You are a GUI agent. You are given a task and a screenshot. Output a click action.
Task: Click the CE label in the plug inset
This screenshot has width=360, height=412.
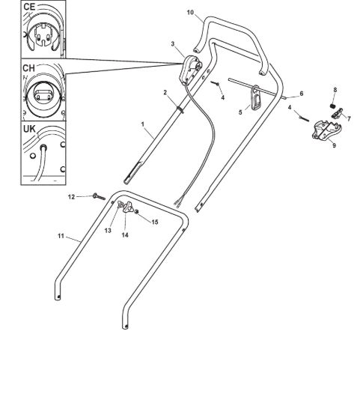[29, 7]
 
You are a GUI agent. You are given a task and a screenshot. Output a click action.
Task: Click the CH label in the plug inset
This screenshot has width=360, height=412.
[28, 68]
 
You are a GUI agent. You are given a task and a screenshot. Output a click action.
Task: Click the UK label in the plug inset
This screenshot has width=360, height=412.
[29, 129]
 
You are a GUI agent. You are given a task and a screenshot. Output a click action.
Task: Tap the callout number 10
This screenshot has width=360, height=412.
[190, 12]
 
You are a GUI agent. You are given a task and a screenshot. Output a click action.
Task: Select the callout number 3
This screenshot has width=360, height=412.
[173, 44]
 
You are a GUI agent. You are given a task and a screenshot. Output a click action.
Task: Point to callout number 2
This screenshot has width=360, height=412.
[165, 92]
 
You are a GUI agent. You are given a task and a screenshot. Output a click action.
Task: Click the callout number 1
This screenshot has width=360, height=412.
[143, 124]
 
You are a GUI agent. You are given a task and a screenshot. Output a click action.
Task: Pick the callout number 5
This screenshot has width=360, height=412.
[240, 112]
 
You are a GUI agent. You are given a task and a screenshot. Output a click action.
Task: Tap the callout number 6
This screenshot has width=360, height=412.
[302, 94]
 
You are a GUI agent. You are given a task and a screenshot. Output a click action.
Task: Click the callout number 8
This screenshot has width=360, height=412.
[335, 90]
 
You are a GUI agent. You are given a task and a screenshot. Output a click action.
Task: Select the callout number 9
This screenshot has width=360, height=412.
[334, 145]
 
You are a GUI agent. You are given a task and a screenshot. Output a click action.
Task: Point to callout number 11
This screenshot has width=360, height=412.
[61, 236]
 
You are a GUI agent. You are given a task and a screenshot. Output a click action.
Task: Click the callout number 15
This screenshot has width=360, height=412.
[155, 222]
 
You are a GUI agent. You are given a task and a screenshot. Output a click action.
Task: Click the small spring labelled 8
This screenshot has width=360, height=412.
[333, 106]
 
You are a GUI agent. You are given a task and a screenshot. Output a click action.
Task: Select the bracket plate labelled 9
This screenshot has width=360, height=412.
[327, 130]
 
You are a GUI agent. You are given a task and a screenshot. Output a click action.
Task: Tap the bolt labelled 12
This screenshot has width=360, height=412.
[99, 196]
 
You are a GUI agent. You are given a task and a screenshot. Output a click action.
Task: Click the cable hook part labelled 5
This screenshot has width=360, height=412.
[256, 97]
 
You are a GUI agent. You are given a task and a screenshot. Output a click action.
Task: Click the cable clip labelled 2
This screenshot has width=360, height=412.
[180, 109]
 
